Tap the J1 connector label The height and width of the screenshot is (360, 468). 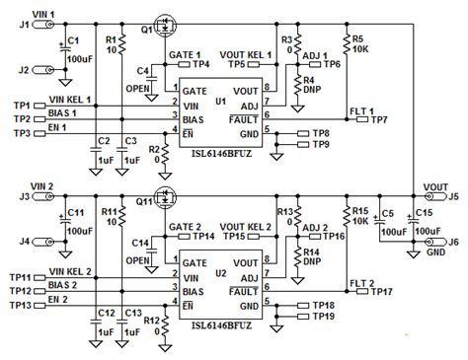point(11,27)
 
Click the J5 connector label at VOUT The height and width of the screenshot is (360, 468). point(455,195)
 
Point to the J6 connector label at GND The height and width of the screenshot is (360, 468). point(455,243)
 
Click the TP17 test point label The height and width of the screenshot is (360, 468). point(382,292)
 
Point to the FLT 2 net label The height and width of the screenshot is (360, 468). point(359,282)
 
